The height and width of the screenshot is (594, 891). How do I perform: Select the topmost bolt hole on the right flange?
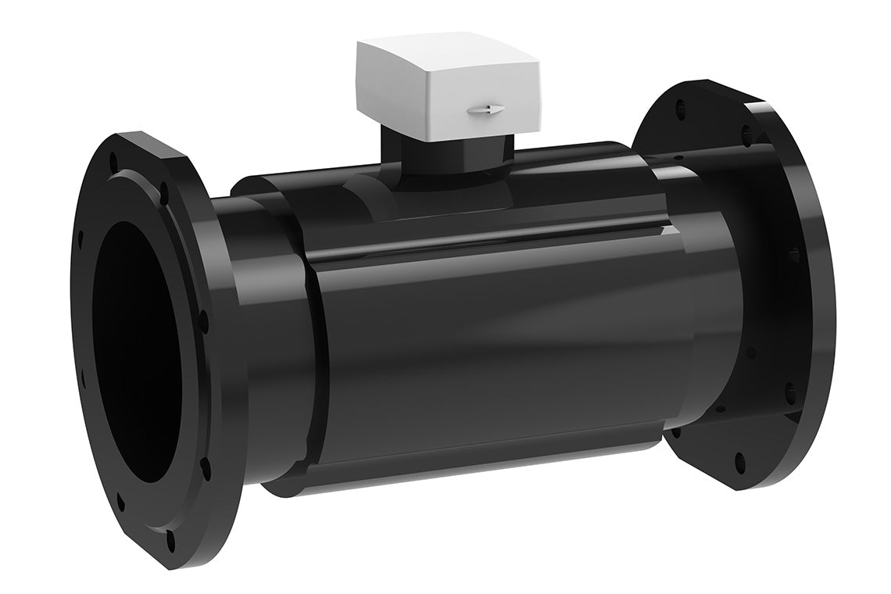point(688,102)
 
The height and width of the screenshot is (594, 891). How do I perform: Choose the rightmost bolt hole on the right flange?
point(796,255)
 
